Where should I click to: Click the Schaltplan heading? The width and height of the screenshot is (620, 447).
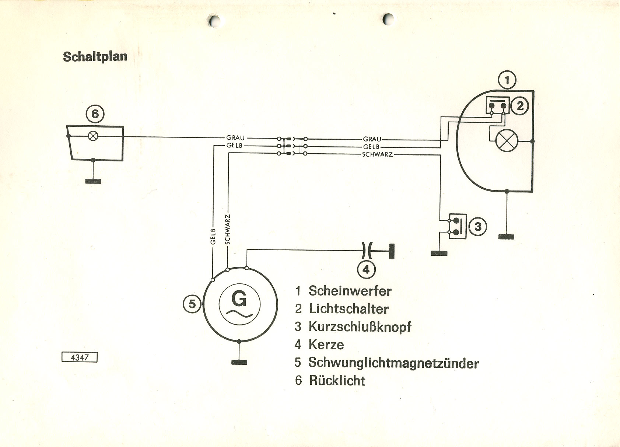pyautogui.click(x=95, y=57)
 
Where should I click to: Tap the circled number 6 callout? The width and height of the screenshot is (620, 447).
pyautogui.click(x=95, y=114)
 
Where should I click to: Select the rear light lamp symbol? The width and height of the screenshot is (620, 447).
pyautogui.click(x=94, y=136)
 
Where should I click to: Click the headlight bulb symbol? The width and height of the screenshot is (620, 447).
pyautogui.click(x=507, y=141)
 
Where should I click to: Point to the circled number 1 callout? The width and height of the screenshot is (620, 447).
pyautogui.click(x=507, y=80)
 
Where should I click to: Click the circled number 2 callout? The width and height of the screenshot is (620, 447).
pyautogui.click(x=520, y=106)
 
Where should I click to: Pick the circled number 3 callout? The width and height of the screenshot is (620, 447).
pyautogui.click(x=478, y=226)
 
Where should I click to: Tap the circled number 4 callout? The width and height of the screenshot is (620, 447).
pyautogui.click(x=366, y=270)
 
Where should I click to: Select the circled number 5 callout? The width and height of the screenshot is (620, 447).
pyautogui.click(x=192, y=304)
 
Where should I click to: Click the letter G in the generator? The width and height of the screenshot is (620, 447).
pyautogui.click(x=239, y=299)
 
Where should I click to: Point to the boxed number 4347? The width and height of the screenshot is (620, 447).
pyautogui.click(x=80, y=357)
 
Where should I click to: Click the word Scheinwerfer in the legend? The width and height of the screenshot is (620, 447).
pyautogui.click(x=350, y=291)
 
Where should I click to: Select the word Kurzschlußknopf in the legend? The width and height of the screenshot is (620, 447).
pyautogui.click(x=360, y=326)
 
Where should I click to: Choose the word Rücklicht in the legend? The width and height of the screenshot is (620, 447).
pyautogui.click(x=337, y=380)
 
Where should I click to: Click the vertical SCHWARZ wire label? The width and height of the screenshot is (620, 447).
pyautogui.click(x=227, y=229)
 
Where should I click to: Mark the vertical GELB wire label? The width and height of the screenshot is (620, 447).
pyautogui.click(x=213, y=236)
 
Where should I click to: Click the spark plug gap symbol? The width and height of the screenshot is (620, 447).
pyautogui.click(x=367, y=251)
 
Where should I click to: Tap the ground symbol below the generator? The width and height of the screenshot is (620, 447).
pyautogui.click(x=239, y=362)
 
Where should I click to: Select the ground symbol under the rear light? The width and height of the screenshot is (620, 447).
pyautogui.click(x=93, y=181)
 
